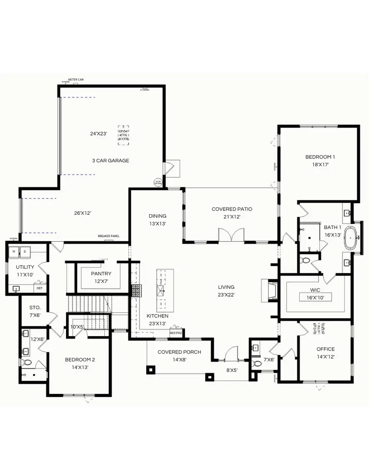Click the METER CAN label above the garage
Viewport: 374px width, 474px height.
tap(76, 79)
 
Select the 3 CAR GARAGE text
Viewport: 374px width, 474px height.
tap(111, 160)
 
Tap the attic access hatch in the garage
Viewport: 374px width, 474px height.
tap(123, 135)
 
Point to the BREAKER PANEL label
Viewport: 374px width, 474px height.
tap(108, 236)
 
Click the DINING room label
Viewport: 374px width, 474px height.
tap(157, 216)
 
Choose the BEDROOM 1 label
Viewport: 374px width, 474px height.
tap(320, 157)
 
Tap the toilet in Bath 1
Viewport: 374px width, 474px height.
tap(306, 260)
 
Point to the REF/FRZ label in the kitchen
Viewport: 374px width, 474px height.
tap(175, 333)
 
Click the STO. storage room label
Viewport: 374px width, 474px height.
tap(35, 307)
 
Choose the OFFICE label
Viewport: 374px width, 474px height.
tap(325, 349)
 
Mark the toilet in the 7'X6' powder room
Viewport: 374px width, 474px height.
tap(257, 363)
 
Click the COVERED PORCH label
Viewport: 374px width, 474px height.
tap(179, 352)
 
